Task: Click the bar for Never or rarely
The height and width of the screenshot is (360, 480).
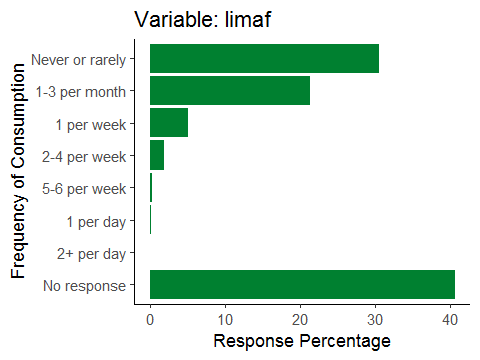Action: (264, 58)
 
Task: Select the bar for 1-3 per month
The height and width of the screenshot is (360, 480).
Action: (230, 90)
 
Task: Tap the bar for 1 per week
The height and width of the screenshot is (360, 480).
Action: (169, 122)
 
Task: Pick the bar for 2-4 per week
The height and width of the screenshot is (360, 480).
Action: (157, 155)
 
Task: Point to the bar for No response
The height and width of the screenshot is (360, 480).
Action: (302, 284)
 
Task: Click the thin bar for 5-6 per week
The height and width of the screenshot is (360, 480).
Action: (151, 187)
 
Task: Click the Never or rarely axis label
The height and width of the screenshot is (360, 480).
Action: (79, 60)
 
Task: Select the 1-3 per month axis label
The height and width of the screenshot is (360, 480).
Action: (81, 92)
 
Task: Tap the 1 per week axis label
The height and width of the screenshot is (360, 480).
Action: (91, 125)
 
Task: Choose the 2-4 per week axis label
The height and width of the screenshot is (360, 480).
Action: (84, 157)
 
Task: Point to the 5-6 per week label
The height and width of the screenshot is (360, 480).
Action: (84, 189)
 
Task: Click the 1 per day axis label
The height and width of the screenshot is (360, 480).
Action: (96, 222)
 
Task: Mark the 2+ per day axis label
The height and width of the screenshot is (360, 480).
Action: (92, 254)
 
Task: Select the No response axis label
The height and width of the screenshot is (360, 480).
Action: (85, 286)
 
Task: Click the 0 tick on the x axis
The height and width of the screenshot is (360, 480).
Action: (150, 320)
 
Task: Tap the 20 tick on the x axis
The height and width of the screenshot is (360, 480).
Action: (300, 320)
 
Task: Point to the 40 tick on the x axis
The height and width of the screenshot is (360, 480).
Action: (450, 320)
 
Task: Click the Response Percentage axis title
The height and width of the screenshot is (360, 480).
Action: (302, 341)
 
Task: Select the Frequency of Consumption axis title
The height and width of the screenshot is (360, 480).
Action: (18, 171)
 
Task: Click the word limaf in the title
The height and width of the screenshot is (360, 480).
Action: (248, 19)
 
